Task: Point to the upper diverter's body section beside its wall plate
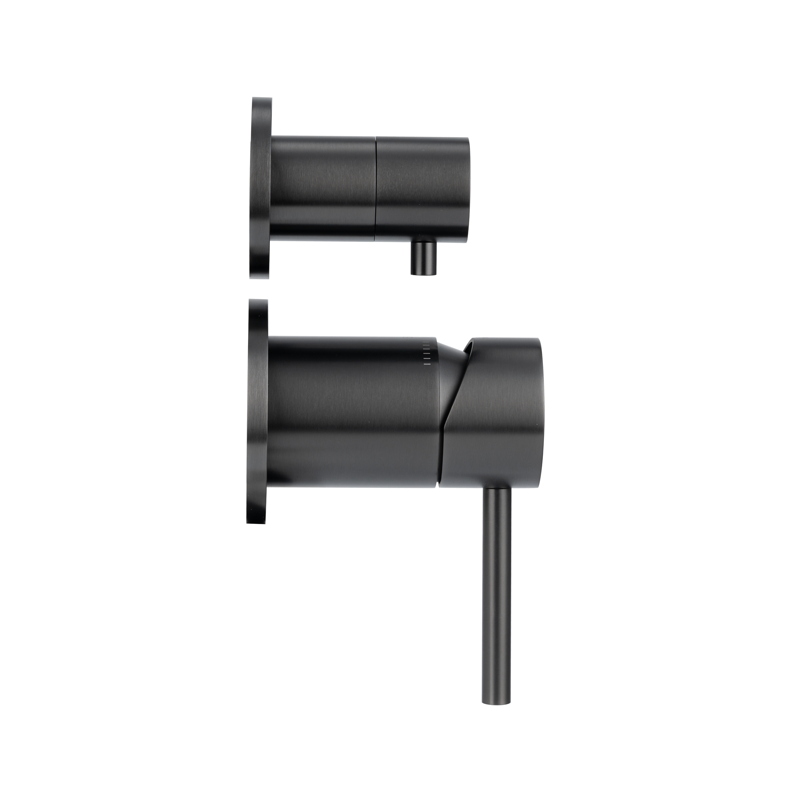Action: pos(323,188)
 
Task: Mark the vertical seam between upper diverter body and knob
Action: pos(375,188)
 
